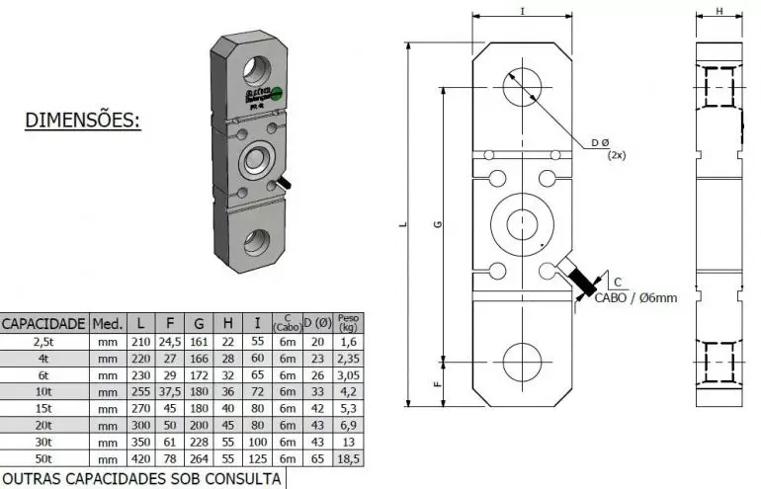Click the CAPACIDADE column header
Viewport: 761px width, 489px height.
point(43,323)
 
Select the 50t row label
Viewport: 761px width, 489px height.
point(43,460)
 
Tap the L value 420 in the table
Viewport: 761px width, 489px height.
point(140,460)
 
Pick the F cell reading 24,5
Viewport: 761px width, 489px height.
point(170,342)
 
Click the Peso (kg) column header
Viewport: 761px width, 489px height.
point(348,323)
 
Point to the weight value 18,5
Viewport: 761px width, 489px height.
point(348,460)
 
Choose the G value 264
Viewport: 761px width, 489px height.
point(199,460)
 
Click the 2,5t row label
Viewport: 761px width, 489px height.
point(43,342)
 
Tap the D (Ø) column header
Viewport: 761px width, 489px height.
point(317,323)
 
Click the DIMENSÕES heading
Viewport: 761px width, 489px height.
point(83,122)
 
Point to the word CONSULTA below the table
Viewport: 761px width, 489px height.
point(240,479)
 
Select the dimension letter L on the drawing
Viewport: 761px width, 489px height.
point(404,225)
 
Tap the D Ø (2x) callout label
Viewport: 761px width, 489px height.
point(606,148)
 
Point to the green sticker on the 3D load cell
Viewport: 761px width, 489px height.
point(280,93)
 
